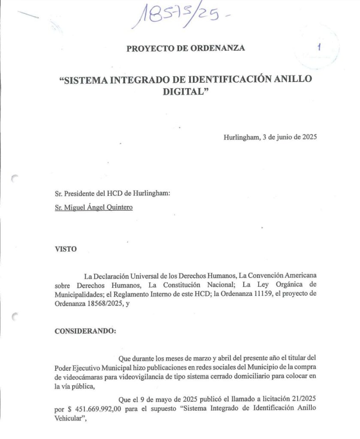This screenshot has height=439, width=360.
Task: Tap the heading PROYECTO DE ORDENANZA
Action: [x=186, y=48]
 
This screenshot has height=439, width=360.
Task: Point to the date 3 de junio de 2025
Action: [x=289, y=138]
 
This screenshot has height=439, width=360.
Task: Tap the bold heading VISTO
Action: [x=66, y=249]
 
